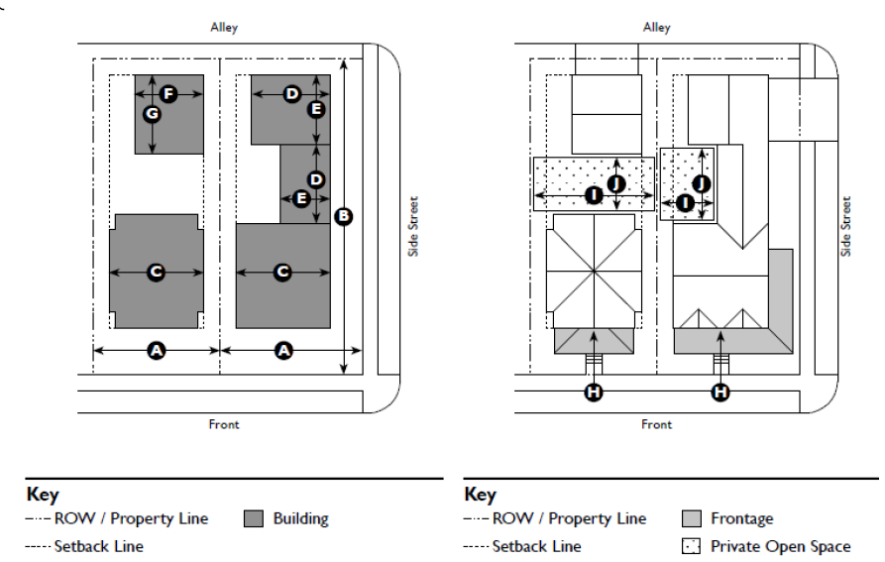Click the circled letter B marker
pyautogui.click(x=344, y=216)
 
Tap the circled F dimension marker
pyautogui.click(x=167, y=94)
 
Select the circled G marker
pyautogui.click(x=152, y=114)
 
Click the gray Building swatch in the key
pyautogui.click(x=254, y=518)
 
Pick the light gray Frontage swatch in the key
pyautogui.click(x=692, y=518)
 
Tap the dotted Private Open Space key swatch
pyautogui.click(x=692, y=546)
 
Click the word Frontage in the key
pyautogui.click(x=741, y=518)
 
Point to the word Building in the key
pyautogui.click(x=302, y=518)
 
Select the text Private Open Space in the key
pyautogui.click(x=780, y=546)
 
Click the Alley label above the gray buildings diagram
pyautogui.click(x=224, y=28)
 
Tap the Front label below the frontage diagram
pyautogui.click(x=656, y=424)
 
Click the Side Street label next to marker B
pyautogui.click(x=413, y=226)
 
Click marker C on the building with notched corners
pyautogui.click(x=156, y=272)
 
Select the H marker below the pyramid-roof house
pyautogui.click(x=593, y=393)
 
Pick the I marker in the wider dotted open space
pyautogui.click(x=594, y=195)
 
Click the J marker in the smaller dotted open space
pyautogui.click(x=701, y=183)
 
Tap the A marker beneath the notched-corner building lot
pyautogui.click(x=156, y=350)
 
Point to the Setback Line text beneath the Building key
pyautogui.click(x=98, y=546)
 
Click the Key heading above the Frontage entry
pyautogui.click(x=480, y=495)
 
